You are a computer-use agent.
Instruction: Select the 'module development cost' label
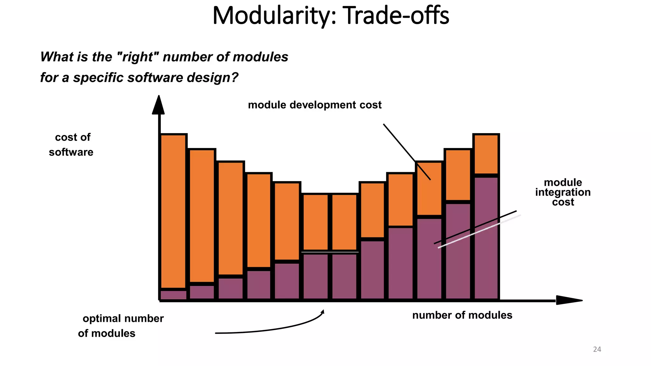pos(315,105)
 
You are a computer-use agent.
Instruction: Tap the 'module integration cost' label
pos(563,192)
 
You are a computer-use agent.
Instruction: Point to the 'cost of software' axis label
pos(71,145)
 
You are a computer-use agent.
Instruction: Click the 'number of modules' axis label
pos(462,315)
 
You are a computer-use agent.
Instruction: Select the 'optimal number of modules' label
pos(121,326)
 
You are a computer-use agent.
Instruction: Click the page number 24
pos(597,349)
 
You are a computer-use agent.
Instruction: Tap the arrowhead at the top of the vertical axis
pos(158,105)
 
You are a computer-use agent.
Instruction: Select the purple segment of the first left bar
pos(173,295)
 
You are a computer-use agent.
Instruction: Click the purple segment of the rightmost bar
pos(486,238)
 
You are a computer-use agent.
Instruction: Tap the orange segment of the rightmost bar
pos(486,154)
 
